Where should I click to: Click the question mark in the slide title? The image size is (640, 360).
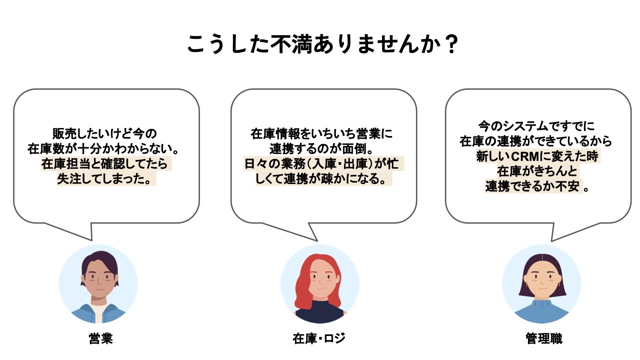click(452, 44)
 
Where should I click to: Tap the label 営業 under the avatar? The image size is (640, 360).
click(101, 339)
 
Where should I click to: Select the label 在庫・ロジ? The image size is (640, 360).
click(319, 339)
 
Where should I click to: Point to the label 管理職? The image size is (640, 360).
click(544, 339)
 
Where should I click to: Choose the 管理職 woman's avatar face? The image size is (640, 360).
click(542, 281)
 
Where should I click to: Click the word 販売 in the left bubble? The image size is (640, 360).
click(65, 133)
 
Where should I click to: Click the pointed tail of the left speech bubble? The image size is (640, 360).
click(91, 240)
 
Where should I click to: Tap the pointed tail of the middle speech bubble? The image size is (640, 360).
click(316, 240)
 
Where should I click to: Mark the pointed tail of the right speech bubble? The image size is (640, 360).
click(552, 240)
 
